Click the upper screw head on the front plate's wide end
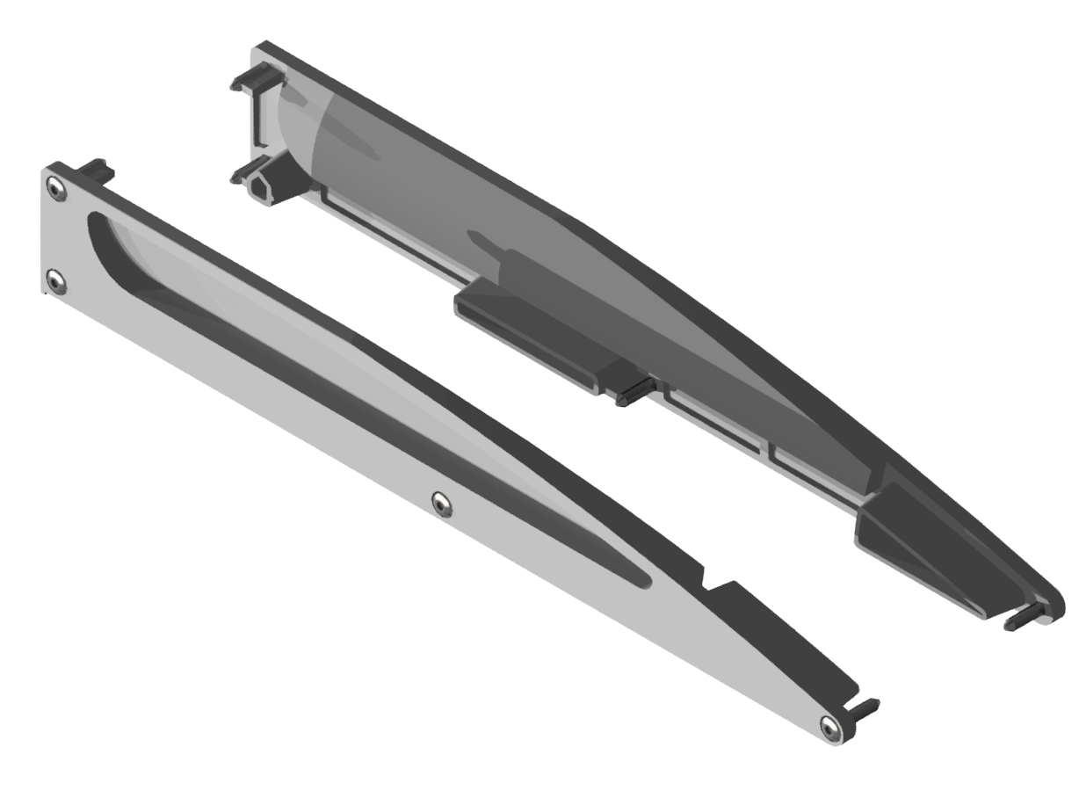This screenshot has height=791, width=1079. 56,189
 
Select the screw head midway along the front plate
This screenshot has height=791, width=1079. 443,504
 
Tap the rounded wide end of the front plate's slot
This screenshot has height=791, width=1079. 95,225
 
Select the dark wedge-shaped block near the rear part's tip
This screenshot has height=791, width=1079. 914,545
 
